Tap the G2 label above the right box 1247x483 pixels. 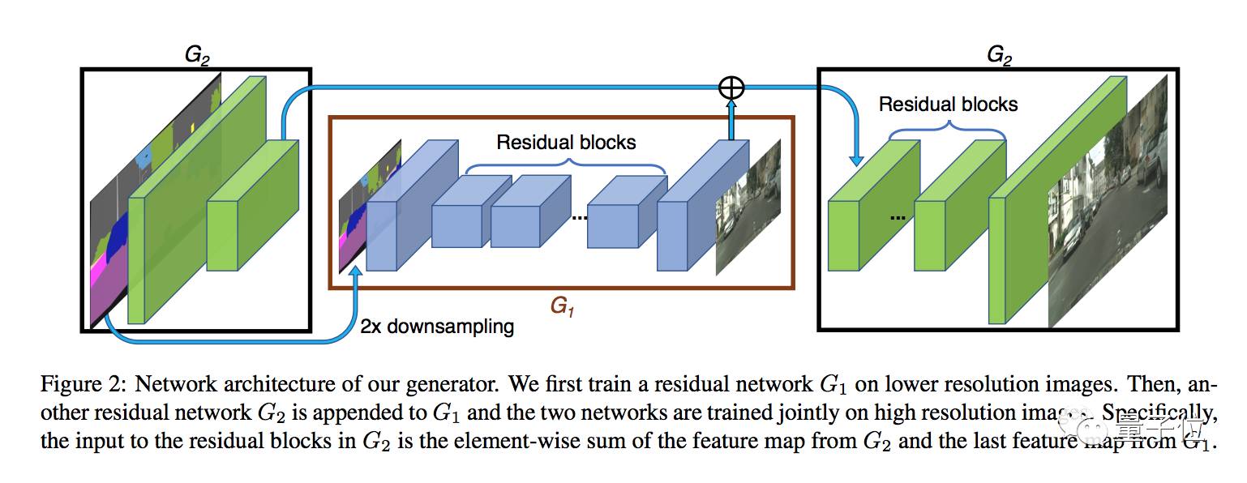[999, 55]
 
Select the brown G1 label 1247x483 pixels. [561, 307]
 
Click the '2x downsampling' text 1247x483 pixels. [437, 327]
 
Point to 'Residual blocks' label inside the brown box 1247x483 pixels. [566, 143]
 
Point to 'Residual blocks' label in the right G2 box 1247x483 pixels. [948, 105]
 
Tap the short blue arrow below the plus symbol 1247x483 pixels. [731, 119]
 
